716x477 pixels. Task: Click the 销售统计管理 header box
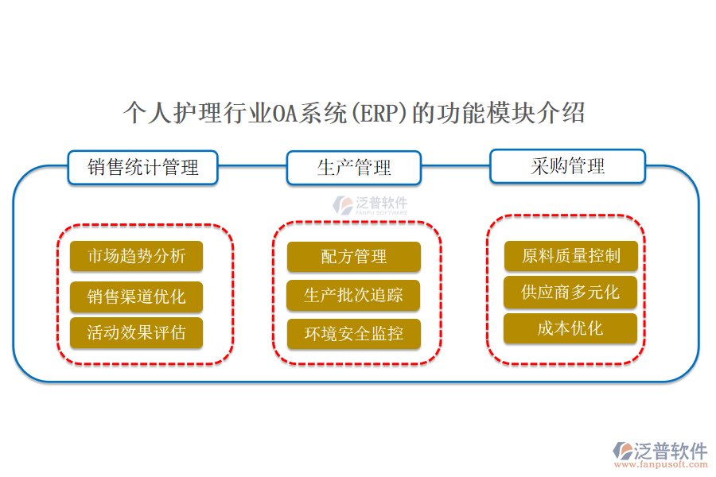coord(142,167)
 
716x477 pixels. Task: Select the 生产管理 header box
coord(354,168)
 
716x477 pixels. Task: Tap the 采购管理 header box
coord(567,166)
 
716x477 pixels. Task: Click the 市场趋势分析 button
coord(136,256)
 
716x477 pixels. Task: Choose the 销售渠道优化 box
coord(136,297)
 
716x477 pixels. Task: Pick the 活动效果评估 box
coord(136,332)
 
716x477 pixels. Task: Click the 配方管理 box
coord(354,257)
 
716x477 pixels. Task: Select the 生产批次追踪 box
coord(354,296)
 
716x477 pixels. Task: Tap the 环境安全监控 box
coord(354,334)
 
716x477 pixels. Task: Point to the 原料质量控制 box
coord(570,256)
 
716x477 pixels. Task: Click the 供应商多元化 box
coord(570,292)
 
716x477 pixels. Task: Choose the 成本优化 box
coord(570,328)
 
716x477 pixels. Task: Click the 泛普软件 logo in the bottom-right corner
coord(660,451)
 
